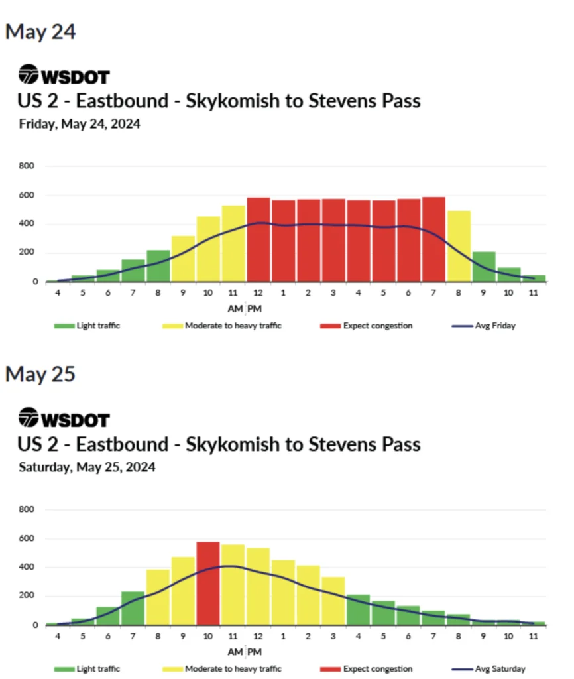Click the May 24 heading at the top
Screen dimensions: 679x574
coord(40,32)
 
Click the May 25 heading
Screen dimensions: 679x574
coord(40,374)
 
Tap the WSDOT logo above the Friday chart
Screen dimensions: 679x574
coord(64,76)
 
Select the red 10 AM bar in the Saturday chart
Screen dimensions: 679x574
coord(208,584)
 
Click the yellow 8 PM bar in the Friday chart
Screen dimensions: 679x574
coord(459,246)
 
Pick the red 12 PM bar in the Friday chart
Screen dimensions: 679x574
coord(258,239)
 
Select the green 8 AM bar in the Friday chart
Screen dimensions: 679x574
coord(158,266)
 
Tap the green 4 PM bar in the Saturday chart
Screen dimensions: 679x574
coord(359,610)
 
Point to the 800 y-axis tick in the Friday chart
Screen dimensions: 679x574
coord(28,166)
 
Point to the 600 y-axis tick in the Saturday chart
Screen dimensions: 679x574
coord(28,538)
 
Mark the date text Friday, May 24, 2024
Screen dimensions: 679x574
coord(80,124)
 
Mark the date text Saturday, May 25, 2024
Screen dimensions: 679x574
coord(87,467)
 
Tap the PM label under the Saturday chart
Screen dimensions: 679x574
coord(255,652)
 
